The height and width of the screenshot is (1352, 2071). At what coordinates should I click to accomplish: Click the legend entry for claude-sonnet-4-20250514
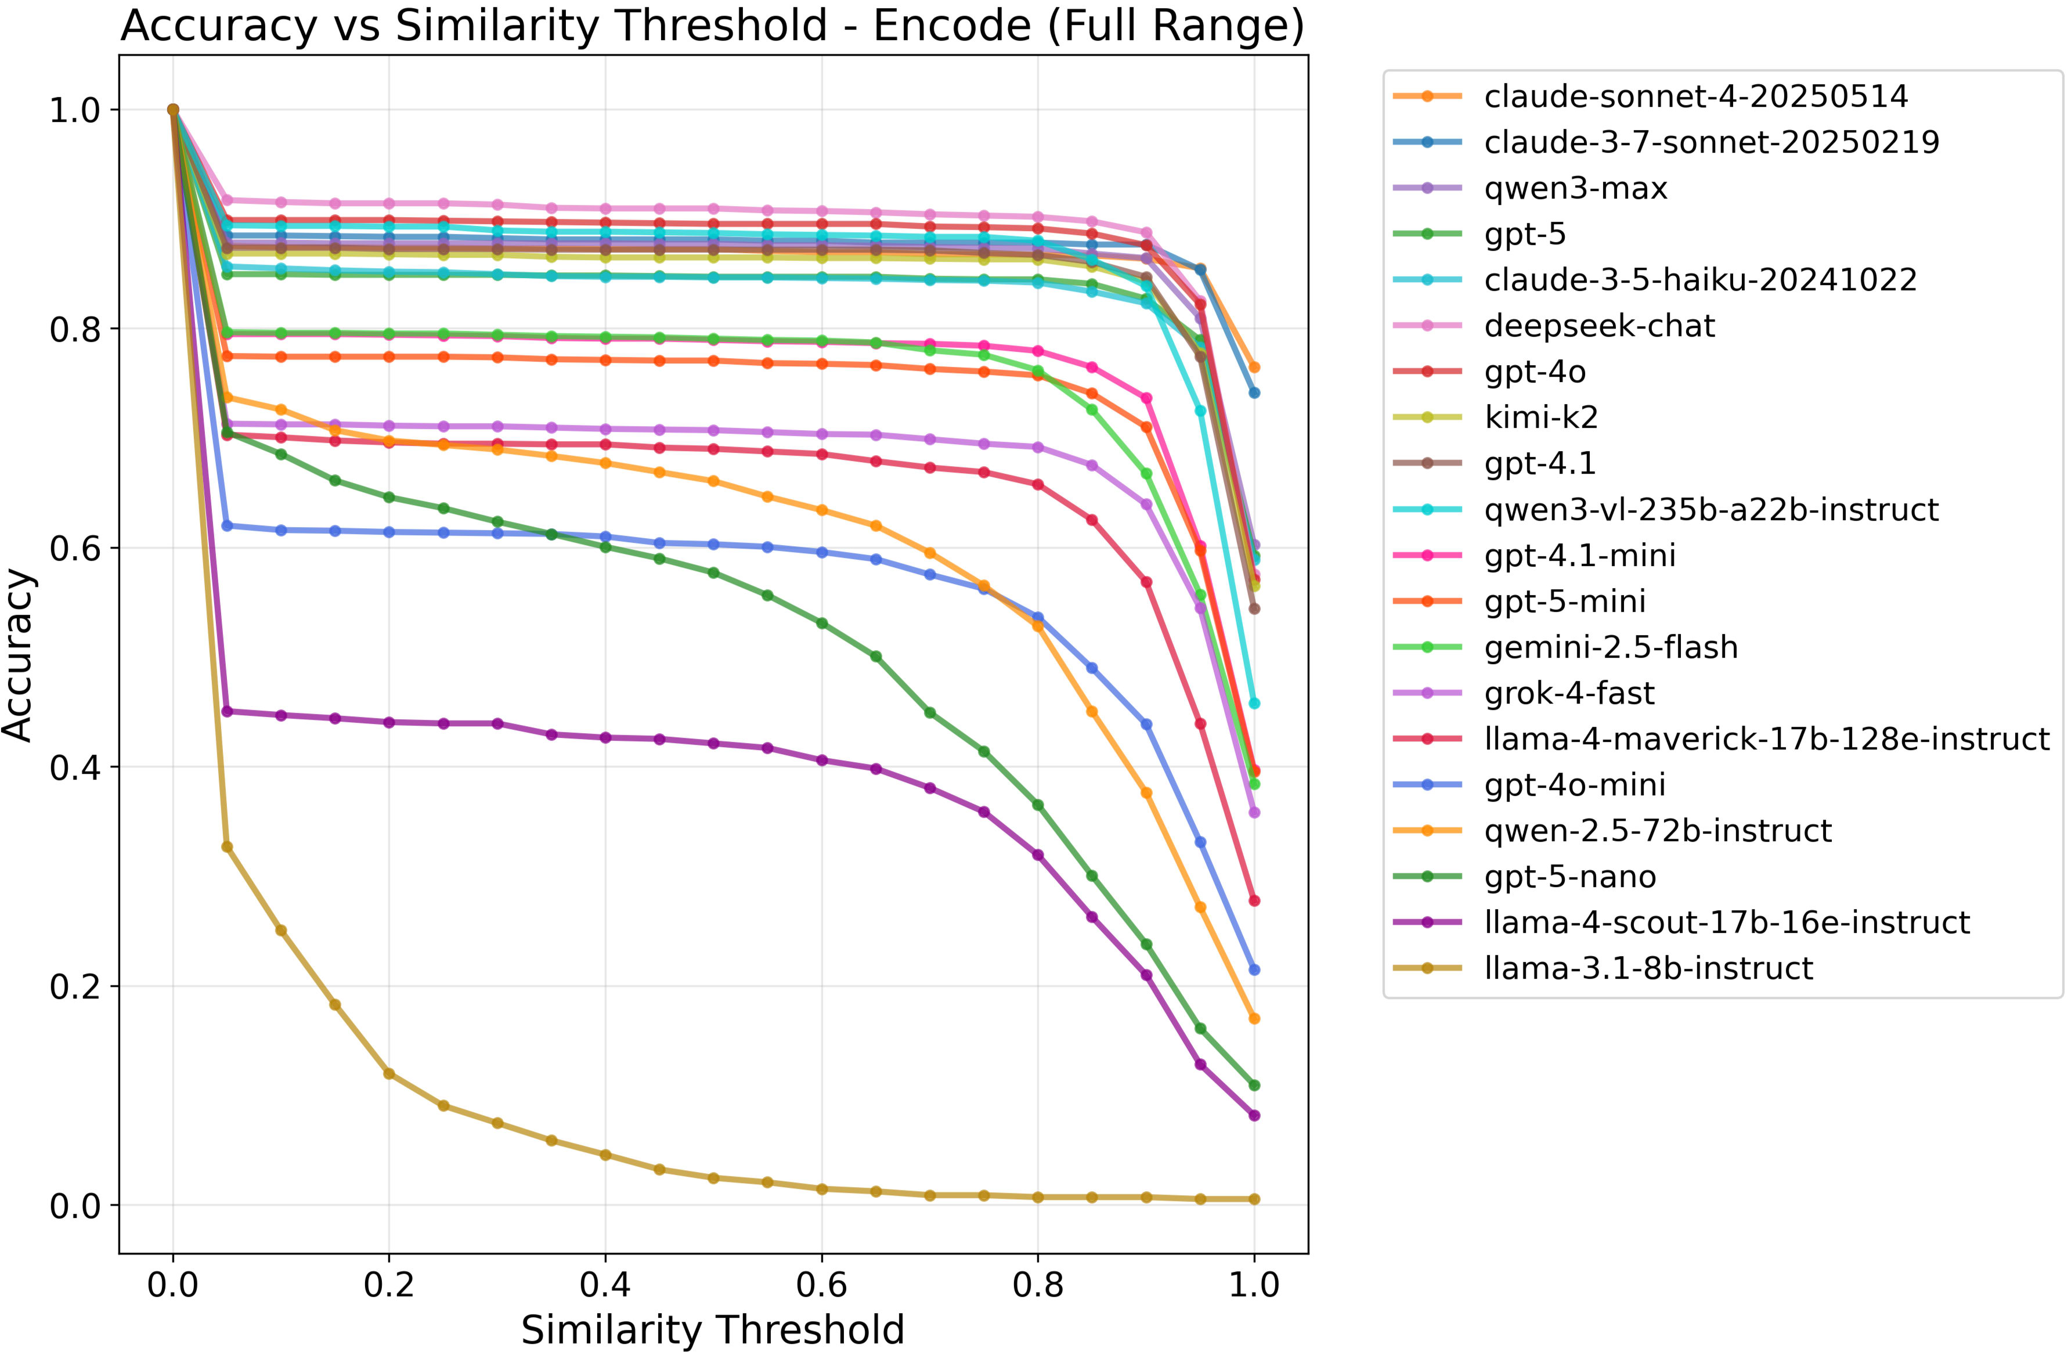[x=1695, y=96]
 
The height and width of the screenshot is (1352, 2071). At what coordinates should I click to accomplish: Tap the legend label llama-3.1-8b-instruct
[x=1648, y=968]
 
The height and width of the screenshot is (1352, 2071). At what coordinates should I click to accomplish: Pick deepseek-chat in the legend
[x=1599, y=326]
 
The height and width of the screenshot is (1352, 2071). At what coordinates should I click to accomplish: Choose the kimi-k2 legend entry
[x=1540, y=417]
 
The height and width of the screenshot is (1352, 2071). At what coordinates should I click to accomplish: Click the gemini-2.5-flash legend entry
[x=1611, y=647]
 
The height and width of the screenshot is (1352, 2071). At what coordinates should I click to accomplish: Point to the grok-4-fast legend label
[x=1569, y=693]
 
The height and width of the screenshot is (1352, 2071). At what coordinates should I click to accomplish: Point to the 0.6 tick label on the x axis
[x=821, y=1284]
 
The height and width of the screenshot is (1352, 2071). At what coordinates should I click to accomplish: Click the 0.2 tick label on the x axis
[x=389, y=1284]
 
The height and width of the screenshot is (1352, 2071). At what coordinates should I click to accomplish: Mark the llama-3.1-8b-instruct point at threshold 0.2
[x=389, y=1073]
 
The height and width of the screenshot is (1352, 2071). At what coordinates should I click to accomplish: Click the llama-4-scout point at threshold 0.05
[x=227, y=711]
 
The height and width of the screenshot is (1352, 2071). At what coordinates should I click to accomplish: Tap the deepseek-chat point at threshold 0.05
[x=227, y=200]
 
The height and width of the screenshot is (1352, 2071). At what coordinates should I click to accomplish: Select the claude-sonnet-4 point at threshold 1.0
[x=1254, y=367]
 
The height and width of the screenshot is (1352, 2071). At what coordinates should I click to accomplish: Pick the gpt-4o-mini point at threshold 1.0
[x=1254, y=969]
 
